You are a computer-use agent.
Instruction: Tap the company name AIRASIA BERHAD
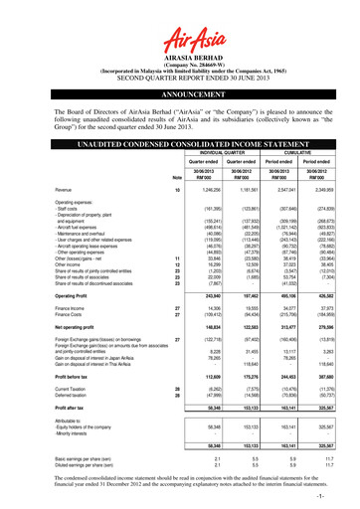[180, 58]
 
